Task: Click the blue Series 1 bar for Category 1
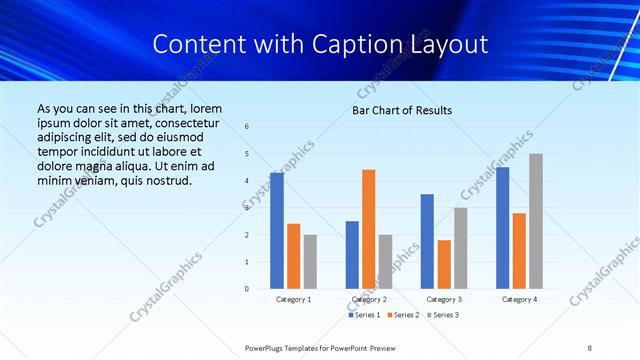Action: tap(277, 231)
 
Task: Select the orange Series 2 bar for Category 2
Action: tap(369, 229)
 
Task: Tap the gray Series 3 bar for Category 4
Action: tap(536, 221)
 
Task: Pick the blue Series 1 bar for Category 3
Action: tap(427, 241)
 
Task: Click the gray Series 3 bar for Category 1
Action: tap(310, 262)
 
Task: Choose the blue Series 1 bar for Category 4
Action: tap(503, 228)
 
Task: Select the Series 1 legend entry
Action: tap(364, 315)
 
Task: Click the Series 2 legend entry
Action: tap(402, 315)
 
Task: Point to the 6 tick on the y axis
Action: tap(247, 126)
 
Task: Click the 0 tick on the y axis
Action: tap(247, 289)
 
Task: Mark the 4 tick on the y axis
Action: tap(247, 181)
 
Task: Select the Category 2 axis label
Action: tap(369, 299)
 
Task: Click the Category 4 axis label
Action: tap(519, 299)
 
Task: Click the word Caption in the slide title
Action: tap(370, 45)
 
